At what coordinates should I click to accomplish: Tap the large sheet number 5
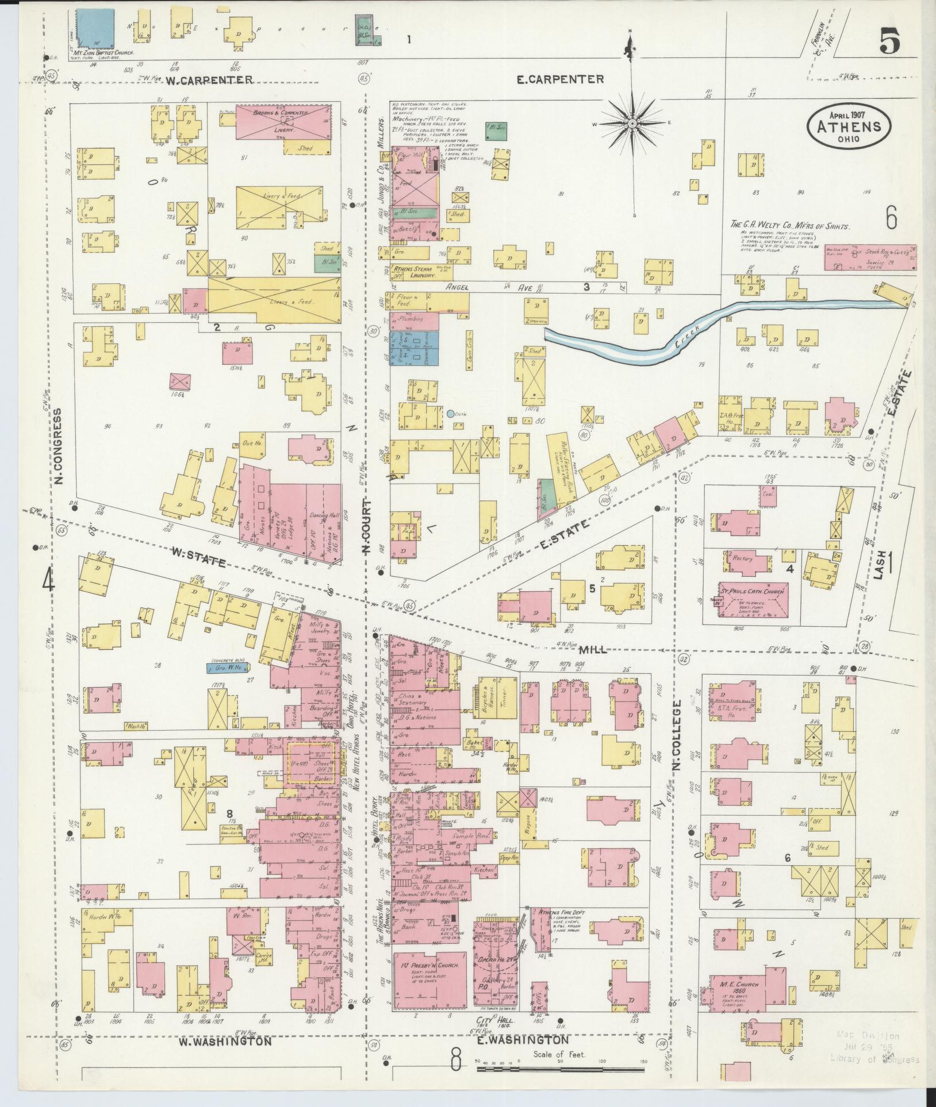pos(889,42)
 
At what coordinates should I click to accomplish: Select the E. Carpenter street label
pos(560,79)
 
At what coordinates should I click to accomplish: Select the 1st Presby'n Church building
pos(430,977)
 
